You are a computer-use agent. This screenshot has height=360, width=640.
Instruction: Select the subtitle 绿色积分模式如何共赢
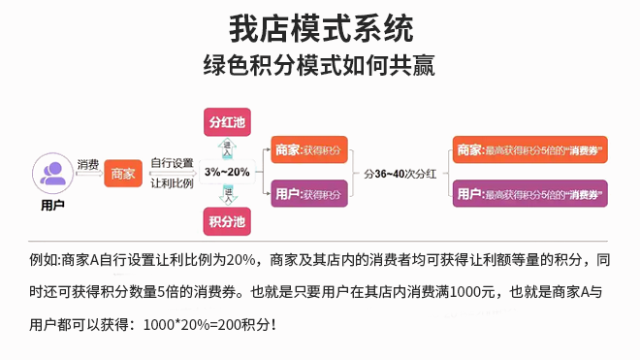coord(319,66)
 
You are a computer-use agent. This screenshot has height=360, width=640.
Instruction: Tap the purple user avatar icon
coord(53,175)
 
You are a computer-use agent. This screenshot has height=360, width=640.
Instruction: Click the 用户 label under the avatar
coord(53,206)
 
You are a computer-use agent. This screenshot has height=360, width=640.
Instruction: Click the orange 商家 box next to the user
coord(123,175)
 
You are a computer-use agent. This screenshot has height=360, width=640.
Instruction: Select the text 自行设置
coord(173,163)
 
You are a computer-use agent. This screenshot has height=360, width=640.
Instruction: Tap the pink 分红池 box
coord(227,123)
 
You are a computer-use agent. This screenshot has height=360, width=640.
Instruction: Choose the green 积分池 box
coord(227,222)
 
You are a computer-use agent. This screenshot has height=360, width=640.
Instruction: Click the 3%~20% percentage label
coord(227,172)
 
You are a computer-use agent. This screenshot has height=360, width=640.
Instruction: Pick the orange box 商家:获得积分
coord(307,150)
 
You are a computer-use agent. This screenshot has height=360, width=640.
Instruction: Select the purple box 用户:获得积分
coord(307,195)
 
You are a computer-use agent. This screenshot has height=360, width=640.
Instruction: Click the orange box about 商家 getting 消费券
coord(530,150)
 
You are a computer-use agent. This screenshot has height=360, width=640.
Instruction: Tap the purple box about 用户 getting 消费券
coord(530,194)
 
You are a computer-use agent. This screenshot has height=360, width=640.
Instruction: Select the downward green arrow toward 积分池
coord(229,195)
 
